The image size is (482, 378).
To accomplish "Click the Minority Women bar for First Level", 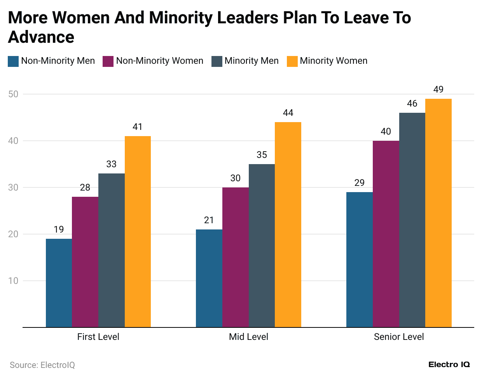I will [138, 232].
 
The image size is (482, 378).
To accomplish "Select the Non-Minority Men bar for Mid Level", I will [209, 278].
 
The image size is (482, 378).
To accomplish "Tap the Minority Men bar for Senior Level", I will [412, 220].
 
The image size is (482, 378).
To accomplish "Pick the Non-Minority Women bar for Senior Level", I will [386, 234].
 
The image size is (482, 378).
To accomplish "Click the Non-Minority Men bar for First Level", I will [59, 283].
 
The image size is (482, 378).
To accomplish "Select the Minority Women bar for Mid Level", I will [288, 225].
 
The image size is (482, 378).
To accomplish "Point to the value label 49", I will [438, 89].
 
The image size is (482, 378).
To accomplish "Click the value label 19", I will [59, 229].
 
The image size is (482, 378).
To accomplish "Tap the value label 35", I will [262, 155].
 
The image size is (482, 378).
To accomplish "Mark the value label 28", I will [85, 187].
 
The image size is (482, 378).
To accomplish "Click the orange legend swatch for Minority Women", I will [292, 61].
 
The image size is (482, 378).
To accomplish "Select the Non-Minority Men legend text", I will [58, 61].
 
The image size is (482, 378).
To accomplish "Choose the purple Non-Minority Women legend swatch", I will [108, 61].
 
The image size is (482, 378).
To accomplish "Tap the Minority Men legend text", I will [251, 61].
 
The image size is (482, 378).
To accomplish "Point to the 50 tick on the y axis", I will [13, 94].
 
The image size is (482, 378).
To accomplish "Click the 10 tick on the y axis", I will [13, 281].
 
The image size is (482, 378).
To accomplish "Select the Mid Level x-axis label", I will [248, 337].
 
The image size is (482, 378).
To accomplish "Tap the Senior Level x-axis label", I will [399, 337].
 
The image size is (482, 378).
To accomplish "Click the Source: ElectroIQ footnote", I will [42, 365].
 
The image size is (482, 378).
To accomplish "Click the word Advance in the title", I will [41, 37].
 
